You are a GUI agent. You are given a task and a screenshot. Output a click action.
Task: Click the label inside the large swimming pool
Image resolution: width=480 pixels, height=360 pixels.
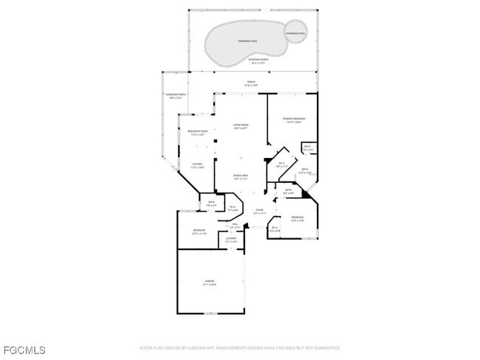pyautogui.click(x=242, y=41)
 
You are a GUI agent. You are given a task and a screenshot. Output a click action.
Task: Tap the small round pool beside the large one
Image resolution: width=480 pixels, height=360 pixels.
pyautogui.click(x=295, y=32)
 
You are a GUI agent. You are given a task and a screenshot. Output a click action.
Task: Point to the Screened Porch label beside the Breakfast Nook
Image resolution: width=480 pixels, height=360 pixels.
pyautogui.click(x=176, y=96)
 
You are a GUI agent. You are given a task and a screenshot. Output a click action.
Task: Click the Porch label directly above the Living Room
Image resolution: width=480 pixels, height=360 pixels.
pyautogui.click(x=250, y=83)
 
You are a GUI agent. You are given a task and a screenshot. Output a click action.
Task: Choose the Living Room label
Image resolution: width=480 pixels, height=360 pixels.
pyautogui.click(x=241, y=126)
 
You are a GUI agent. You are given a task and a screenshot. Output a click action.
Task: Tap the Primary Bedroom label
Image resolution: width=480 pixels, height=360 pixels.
pyautogui.click(x=294, y=120)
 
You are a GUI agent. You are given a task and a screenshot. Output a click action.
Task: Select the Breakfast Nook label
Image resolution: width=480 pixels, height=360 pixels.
pyautogui.click(x=197, y=133)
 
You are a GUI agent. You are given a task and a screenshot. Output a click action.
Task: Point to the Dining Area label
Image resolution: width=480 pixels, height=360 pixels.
pyautogui.click(x=241, y=177)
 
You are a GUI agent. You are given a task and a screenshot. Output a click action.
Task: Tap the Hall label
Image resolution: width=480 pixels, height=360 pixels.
pyautogui.click(x=236, y=226)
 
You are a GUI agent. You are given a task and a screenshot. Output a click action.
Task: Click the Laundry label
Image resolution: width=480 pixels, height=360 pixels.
pyautogui.click(x=231, y=240)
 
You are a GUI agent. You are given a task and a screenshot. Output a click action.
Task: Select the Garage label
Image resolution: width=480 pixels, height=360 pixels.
pyautogui.click(x=210, y=283)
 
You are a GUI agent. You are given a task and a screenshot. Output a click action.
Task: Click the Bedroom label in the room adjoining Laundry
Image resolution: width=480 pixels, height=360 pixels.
pyautogui.click(x=199, y=232)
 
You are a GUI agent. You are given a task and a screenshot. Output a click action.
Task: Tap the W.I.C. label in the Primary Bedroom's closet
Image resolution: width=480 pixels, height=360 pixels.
pyautogui.click(x=281, y=165)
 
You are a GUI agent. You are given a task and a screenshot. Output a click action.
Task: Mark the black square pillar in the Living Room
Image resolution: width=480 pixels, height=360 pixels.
pyautogui.click(x=215, y=141)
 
